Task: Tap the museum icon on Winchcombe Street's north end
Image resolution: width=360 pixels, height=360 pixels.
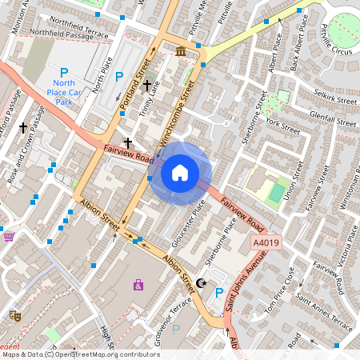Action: [181, 52]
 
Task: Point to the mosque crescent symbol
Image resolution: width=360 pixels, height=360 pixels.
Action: [201, 282]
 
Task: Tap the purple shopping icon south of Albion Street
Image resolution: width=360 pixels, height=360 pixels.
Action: [139, 284]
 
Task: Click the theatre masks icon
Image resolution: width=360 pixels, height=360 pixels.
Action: [14, 315]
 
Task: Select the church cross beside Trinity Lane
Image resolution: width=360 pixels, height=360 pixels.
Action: [147, 84]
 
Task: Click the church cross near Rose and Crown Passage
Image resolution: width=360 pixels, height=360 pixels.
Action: [24, 126]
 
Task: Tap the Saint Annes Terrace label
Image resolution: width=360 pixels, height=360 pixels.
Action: [324, 314]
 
